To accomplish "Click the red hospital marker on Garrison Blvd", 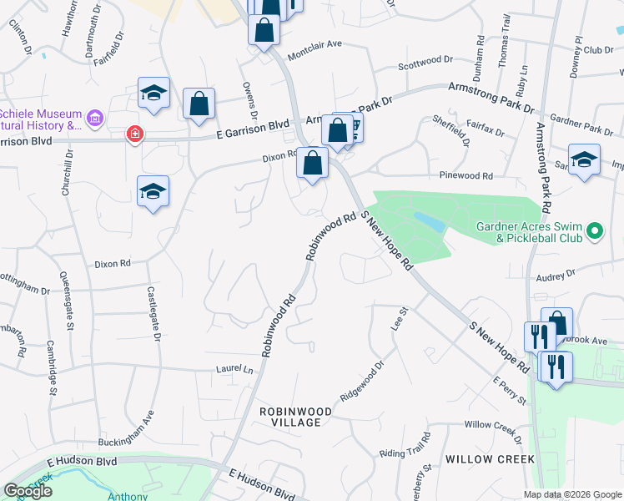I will [133, 134].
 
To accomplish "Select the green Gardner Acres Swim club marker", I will [594, 230].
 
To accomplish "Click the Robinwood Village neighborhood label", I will [295, 417].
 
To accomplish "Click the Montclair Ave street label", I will [315, 44].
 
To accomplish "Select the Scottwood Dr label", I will [424, 61].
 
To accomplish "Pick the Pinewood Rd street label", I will [466, 176].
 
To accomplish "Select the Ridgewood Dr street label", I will [362, 381].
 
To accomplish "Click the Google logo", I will [28, 491].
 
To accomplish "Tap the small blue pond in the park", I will [428, 221].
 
